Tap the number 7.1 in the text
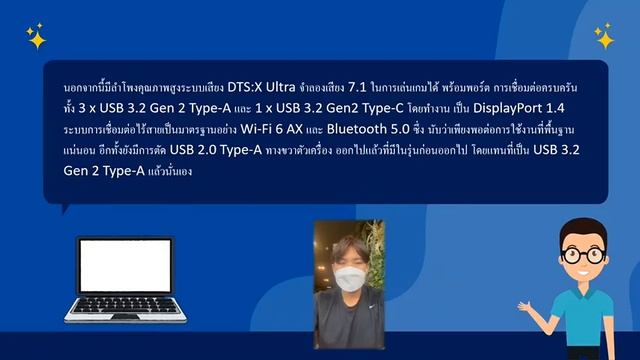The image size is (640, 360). click(x=371, y=89)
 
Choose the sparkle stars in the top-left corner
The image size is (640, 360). click(x=36, y=38)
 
